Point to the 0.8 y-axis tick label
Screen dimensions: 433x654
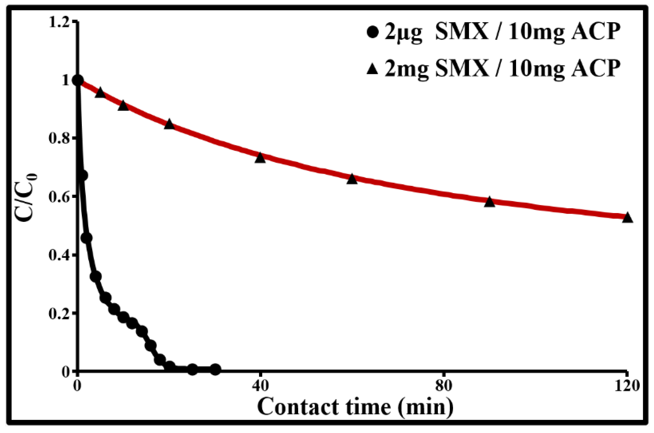tap(59, 139)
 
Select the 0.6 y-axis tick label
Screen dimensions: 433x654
tap(59, 197)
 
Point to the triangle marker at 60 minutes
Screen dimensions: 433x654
tap(352, 179)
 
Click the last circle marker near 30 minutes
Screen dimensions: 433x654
tap(215, 369)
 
